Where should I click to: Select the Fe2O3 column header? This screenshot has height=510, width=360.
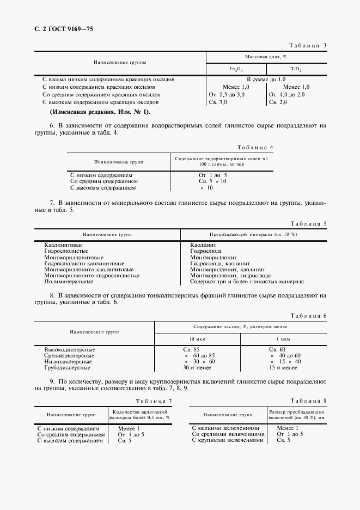236,70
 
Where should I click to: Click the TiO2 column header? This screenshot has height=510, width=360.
296,70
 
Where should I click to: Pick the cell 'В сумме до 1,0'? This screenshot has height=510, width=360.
265,80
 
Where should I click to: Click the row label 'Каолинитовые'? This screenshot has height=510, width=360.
63,245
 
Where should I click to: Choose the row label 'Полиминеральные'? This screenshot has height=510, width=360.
69,282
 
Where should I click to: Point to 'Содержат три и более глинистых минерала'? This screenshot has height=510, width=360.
247,282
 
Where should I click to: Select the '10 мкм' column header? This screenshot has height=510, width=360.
198,339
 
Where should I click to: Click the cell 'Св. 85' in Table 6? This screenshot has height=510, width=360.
192,349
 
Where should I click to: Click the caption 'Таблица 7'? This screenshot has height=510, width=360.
154,401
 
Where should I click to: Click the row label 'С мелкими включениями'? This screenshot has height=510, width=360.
226,428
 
